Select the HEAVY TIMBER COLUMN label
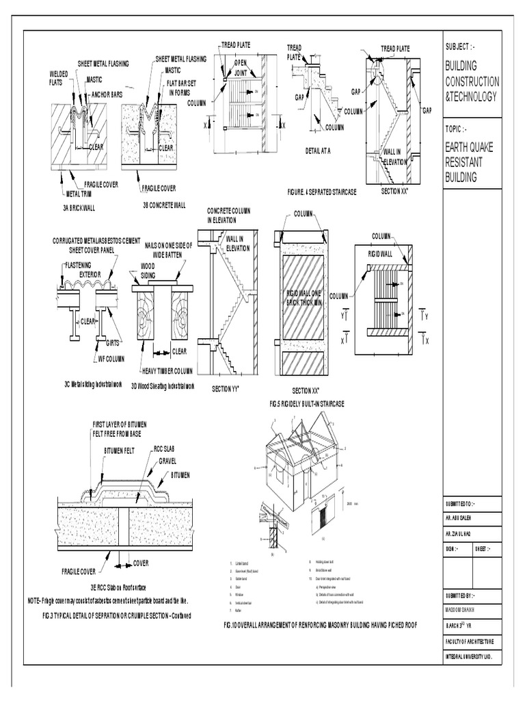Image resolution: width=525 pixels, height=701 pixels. (165, 370)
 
